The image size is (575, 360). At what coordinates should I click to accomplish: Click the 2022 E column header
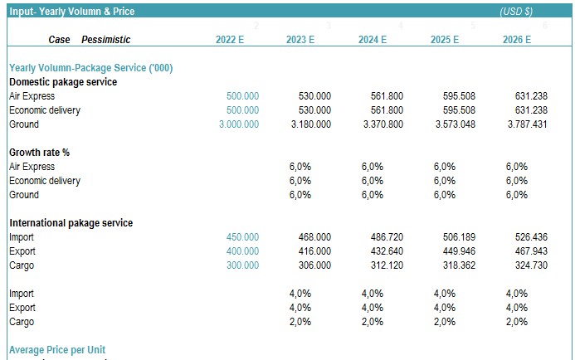[230, 40]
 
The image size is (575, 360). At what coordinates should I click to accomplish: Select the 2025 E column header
[445, 40]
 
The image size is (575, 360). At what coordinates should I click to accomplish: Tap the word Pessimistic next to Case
[105, 40]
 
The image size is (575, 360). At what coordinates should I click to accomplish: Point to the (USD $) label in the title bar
[516, 12]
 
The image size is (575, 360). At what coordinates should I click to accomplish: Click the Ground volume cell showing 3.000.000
[239, 124]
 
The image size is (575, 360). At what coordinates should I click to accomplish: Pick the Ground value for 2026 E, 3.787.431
[528, 124]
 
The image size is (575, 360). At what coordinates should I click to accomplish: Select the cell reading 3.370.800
[383, 124]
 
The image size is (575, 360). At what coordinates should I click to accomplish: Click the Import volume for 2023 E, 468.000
[314, 237]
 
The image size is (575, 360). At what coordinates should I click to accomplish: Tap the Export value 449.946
[459, 251]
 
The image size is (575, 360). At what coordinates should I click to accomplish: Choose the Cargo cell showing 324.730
[531, 265]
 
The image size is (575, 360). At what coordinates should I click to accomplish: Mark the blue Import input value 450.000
[242, 237]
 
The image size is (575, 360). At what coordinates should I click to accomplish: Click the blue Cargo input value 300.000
[242, 265]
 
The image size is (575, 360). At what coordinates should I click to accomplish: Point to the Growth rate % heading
[40, 153]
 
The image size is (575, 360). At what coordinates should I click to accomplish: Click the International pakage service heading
[71, 223]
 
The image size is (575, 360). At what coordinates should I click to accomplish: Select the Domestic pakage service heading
[63, 82]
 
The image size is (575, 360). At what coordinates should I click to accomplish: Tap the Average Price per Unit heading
[57, 350]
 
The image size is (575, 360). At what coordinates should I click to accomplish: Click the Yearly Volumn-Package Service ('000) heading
[91, 68]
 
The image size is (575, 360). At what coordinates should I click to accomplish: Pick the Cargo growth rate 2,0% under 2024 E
[373, 322]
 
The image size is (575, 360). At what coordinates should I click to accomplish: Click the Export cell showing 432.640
[387, 251]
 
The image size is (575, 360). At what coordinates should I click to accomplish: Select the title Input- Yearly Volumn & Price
[72, 12]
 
